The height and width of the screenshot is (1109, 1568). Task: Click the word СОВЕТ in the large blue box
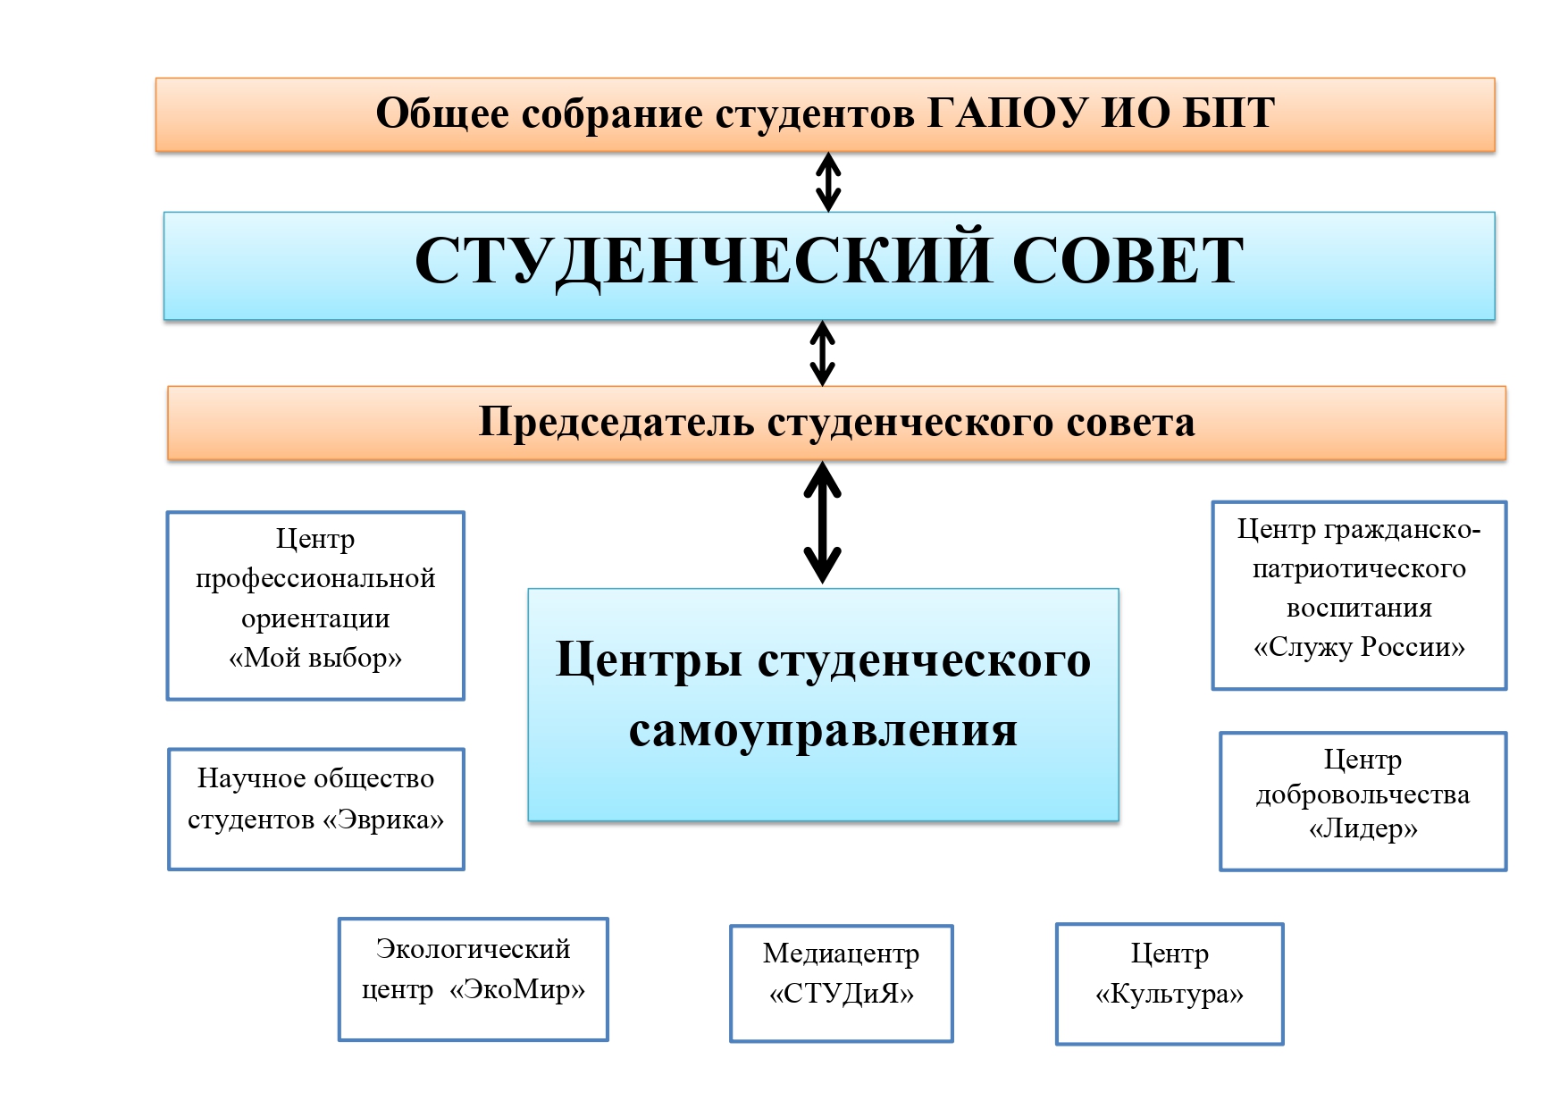[x=1128, y=261]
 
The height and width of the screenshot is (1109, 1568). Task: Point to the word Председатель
[x=616, y=422]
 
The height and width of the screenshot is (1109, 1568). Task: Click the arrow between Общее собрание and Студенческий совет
[x=828, y=181]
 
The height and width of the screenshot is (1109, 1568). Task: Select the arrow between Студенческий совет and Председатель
[x=822, y=353]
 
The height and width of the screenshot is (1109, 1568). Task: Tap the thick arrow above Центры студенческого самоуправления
[x=822, y=523]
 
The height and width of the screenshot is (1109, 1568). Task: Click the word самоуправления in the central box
[x=823, y=730]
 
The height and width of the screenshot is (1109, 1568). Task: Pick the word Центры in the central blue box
[x=649, y=660]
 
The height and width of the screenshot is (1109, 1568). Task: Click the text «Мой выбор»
[x=315, y=658]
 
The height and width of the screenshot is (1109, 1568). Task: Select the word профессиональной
[x=315, y=578]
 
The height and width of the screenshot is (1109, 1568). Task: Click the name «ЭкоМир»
[x=517, y=989]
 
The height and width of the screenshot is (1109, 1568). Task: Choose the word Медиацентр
[x=841, y=954]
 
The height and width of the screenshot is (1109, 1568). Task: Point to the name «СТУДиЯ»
[x=842, y=994]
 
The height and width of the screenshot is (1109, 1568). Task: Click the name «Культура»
[x=1170, y=994]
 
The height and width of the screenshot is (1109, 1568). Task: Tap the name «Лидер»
[x=1363, y=829]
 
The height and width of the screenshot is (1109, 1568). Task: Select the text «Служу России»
[x=1359, y=647]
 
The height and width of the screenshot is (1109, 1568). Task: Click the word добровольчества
[x=1363, y=794]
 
